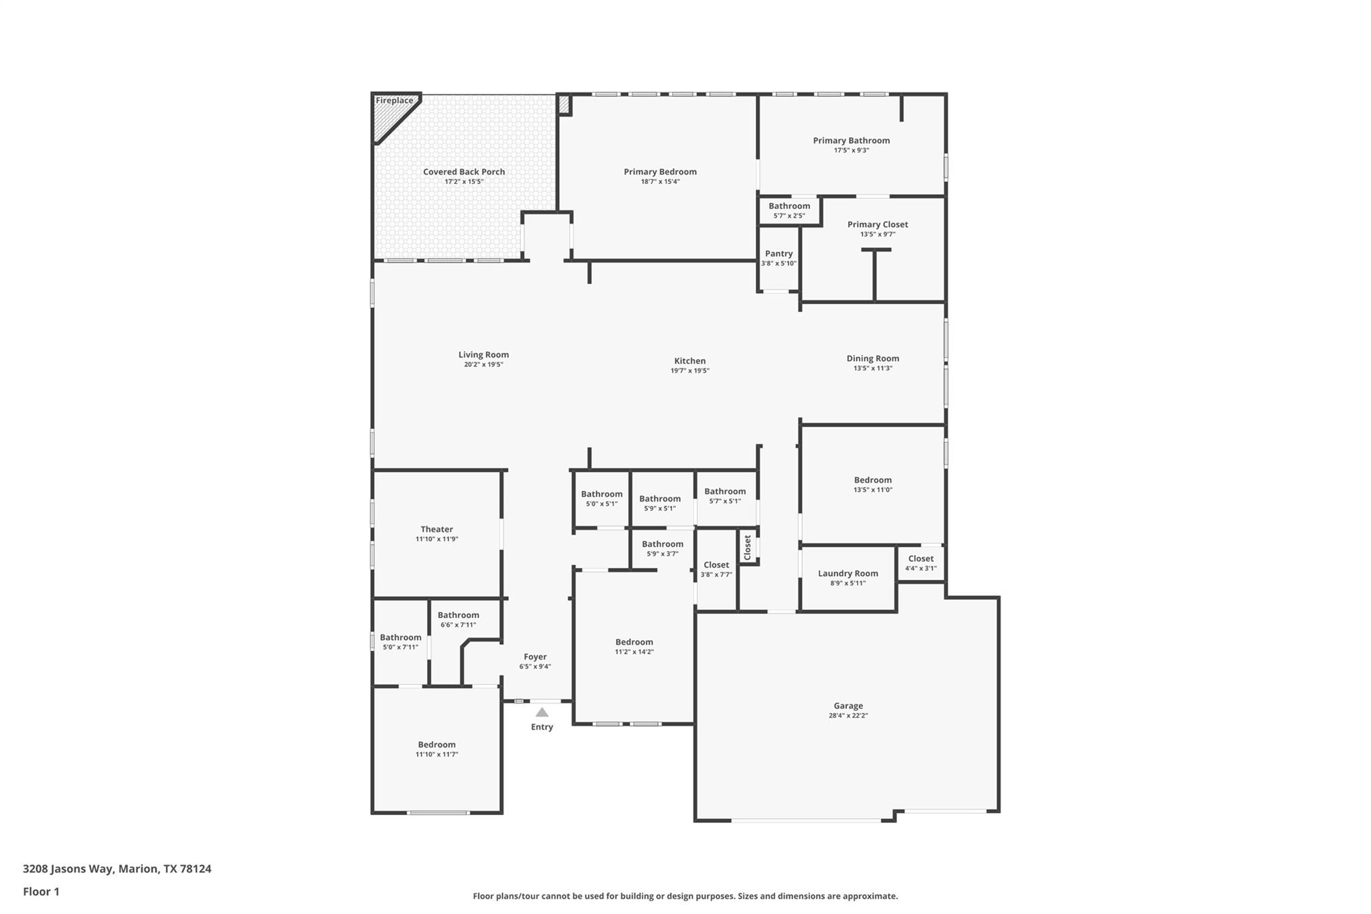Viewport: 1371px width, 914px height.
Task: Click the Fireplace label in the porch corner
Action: (394, 101)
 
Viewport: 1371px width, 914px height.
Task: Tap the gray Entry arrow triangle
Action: (542, 712)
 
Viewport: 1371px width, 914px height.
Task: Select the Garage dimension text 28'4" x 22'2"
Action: (848, 716)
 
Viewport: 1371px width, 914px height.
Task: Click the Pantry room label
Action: (779, 254)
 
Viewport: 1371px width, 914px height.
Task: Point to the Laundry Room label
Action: (848, 573)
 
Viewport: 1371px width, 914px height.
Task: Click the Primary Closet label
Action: (878, 224)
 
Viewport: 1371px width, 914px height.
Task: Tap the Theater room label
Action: (436, 529)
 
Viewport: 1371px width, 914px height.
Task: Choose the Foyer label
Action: (535, 657)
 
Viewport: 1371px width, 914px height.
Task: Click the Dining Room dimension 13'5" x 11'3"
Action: (872, 368)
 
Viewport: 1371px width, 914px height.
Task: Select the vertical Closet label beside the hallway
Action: (748, 547)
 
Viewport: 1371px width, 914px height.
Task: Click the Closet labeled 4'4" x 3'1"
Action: (920, 558)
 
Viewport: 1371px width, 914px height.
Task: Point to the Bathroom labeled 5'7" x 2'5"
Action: (789, 206)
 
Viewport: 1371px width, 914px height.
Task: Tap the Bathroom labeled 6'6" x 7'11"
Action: (458, 615)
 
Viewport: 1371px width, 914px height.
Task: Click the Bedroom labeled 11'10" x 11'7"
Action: (436, 745)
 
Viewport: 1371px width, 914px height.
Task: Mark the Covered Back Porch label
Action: (464, 172)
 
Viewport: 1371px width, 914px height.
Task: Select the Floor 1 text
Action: (41, 892)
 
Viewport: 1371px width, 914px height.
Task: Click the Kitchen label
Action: (690, 361)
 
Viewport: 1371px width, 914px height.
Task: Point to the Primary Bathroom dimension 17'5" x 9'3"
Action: (851, 151)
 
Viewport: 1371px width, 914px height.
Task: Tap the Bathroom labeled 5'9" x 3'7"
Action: (662, 544)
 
